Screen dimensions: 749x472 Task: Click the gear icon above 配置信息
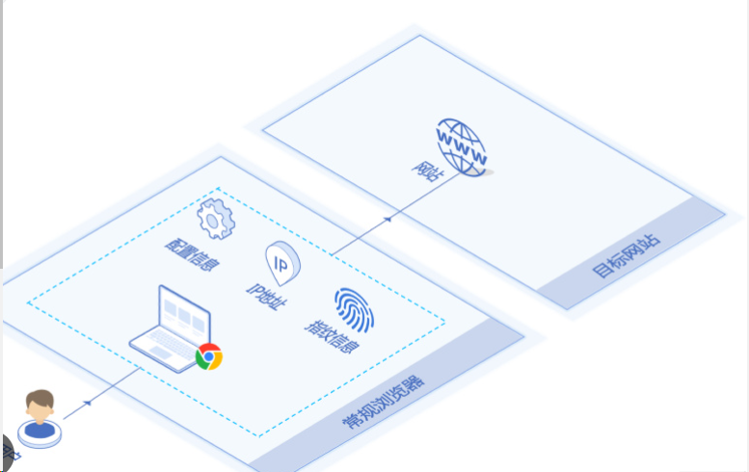(x=215, y=219)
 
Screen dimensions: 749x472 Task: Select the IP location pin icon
(x=282, y=262)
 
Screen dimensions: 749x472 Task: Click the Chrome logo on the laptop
(x=209, y=357)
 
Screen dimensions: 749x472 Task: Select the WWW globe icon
(x=462, y=146)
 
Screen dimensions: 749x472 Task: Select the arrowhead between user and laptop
(x=90, y=401)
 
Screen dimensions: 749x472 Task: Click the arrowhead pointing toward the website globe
(x=388, y=219)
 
